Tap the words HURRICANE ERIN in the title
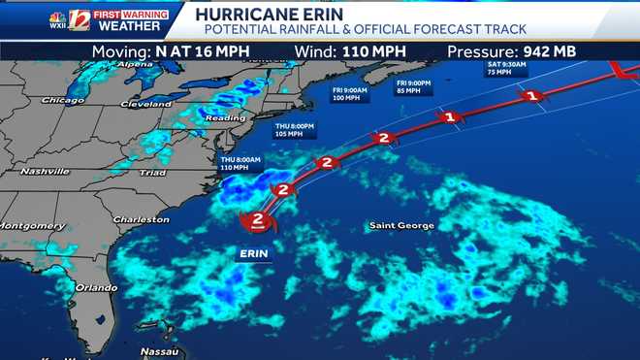pyautogui.click(x=252, y=14)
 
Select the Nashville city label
pyautogui.click(x=42, y=172)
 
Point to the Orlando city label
pyautogui.click(x=96, y=287)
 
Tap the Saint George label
pyautogui.click(x=400, y=225)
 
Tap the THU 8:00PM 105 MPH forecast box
pyautogui.click(x=294, y=130)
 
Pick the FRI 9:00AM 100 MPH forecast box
pyautogui.click(x=350, y=94)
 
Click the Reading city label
pyautogui.click(x=225, y=117)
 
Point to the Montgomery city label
pyautogui.click(x=31, y=225)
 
